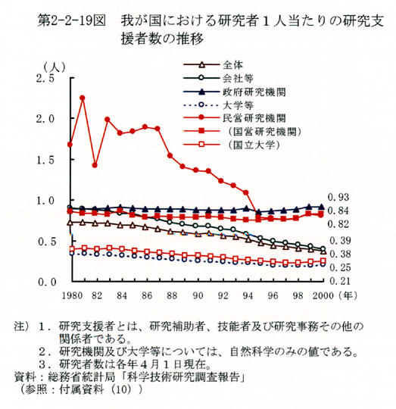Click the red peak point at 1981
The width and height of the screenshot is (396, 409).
pos(83,98)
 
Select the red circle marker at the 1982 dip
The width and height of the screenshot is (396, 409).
pos(95,165)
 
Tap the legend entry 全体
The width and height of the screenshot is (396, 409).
pos(232,64)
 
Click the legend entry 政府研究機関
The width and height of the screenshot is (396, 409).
pos(254,92)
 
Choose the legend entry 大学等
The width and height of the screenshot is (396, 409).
pos(238,105)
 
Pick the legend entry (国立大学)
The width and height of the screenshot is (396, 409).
pos(254,145)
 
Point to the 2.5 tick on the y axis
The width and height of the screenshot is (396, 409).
pos(45,78)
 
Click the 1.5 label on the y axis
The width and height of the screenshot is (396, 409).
pos(45,160)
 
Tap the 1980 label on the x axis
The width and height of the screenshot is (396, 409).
pos(72,296)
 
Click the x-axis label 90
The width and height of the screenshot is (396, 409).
pos(198,296)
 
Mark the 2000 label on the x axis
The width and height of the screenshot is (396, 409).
pos(323,296)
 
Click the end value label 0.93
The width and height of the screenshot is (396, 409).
pos(338,198)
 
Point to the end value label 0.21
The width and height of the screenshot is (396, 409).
pos(340,281)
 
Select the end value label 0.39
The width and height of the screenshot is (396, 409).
pos(340,241)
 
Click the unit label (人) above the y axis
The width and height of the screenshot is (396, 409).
pos(55,68)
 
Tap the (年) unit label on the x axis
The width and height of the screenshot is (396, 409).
pos(347,295)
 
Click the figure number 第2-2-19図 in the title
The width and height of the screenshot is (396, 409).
pos(72,21)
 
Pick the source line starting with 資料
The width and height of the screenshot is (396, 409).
pos(129,376)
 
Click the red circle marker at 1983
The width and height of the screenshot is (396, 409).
pos(108,120)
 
